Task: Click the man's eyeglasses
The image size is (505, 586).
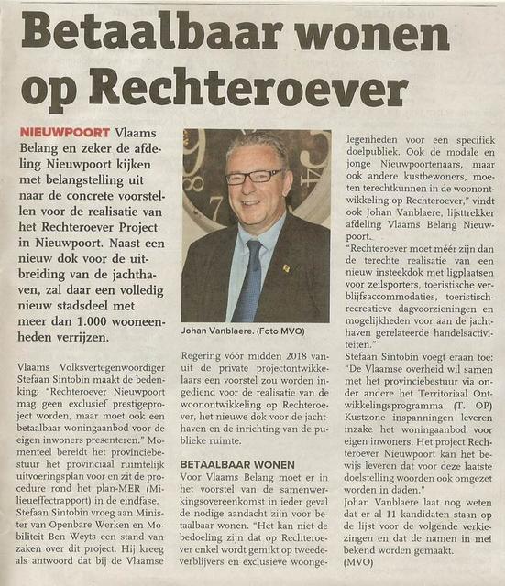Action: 254,176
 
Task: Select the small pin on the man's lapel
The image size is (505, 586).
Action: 285,268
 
